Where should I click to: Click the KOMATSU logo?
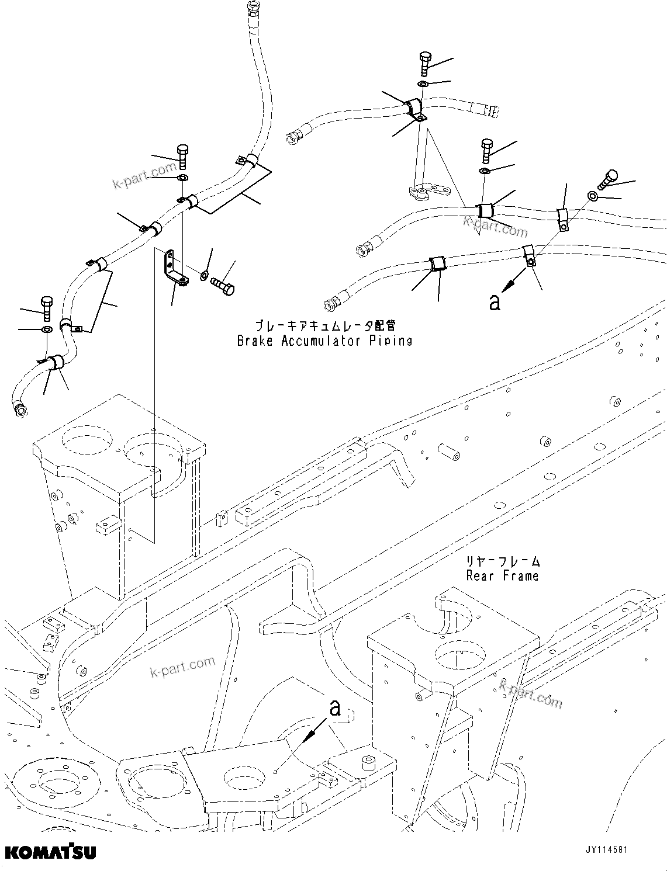(x=51, y=853)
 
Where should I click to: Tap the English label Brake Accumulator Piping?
(x=324, y=341)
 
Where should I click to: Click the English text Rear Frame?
(x=502, y=576)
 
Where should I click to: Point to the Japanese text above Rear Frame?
(x=502, y=561)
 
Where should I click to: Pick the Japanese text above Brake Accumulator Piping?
(x=324, y=325)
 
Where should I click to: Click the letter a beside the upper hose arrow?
(x=495, y=302)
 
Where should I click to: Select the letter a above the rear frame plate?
(x=334, y=708)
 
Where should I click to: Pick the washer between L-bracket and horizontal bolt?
(x=204, y=275)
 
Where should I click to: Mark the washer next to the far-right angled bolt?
(x=593, y=196)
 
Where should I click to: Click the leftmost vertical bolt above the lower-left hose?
(x=47, y=307)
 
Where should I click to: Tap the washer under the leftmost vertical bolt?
(x=47, y=331)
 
